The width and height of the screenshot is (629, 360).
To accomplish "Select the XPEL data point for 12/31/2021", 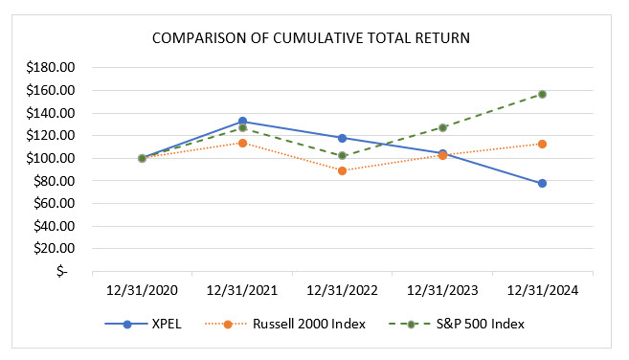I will click(242, 122).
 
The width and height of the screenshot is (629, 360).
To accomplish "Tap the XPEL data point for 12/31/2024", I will click(542, 183).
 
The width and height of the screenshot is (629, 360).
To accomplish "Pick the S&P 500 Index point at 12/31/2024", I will click(542, 94).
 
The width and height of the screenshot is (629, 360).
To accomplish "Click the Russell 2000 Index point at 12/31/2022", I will click(342, 170).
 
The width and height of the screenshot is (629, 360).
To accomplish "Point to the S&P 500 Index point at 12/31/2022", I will click(342, 155).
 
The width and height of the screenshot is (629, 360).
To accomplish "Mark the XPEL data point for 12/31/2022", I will click(342, 138).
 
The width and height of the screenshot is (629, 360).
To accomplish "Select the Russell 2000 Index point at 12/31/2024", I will click(542, 144).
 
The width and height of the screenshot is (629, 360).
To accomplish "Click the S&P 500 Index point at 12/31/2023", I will click(442, 127).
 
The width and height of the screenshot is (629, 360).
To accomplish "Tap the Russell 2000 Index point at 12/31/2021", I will click(242, 143).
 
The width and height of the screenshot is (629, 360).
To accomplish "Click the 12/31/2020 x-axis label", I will click(142, 289).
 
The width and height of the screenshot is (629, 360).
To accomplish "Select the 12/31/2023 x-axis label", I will click(442, 289).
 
